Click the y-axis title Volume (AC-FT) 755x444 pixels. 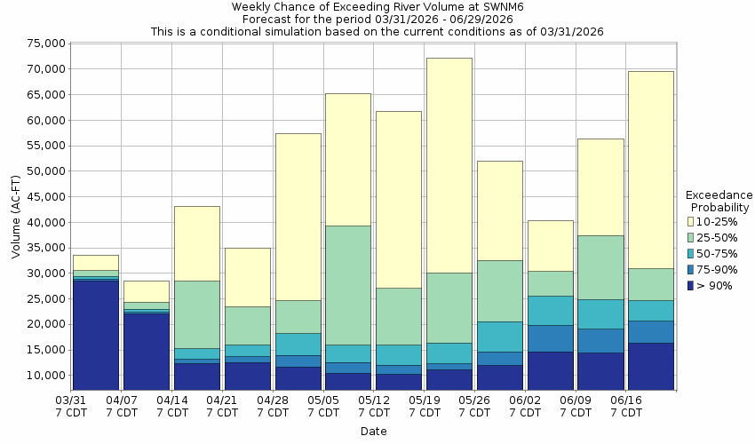tap(16, 217)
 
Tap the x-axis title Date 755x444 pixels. tap(373, 432)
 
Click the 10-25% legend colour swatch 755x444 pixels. tap(690, 222)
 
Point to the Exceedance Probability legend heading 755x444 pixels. tap(719, 201)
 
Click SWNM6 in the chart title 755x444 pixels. tap(480, 6)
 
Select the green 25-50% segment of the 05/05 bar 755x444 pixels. tap(347, 285)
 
